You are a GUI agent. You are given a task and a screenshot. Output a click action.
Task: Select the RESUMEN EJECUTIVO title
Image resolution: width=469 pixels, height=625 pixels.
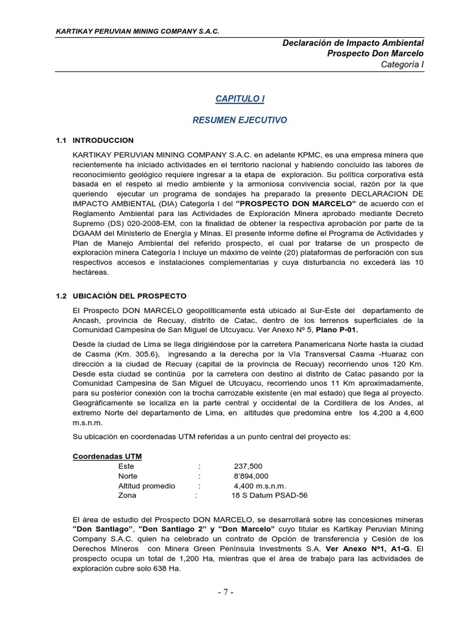tap(239, 120)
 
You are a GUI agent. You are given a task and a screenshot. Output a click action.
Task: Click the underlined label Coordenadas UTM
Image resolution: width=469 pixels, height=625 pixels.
tap(107, 456)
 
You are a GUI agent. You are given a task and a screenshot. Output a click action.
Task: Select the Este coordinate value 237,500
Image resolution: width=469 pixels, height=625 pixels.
tap(248, 466)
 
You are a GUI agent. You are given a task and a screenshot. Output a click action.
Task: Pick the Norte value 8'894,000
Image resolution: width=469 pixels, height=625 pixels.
tap(251, 475)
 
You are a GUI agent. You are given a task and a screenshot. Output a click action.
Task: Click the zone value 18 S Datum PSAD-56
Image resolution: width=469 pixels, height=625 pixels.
tap(269, 496)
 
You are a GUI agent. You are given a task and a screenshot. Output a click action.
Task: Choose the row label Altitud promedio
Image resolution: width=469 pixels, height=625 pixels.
tap(147, 486)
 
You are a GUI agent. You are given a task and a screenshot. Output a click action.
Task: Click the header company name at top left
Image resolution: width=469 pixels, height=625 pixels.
tap(137, 31)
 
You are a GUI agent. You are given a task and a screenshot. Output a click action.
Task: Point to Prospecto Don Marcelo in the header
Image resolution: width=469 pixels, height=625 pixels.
tap(376, 54)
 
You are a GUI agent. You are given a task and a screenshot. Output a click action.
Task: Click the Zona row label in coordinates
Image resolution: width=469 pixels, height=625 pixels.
tap(127, 496)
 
